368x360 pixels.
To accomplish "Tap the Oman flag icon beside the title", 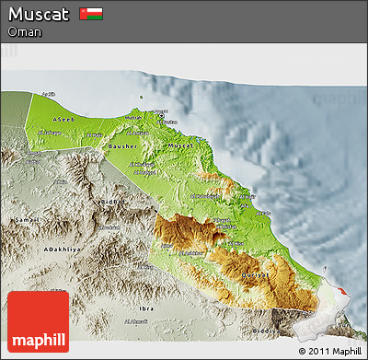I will pyautogui.click(x=91, y=14).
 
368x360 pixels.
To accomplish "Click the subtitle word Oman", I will pyautogui.click(x=24, y=32).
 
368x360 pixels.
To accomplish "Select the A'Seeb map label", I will pyautogui.click(x=64, y=120).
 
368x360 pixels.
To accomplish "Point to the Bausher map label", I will pyautogui.click(x=123, y=145).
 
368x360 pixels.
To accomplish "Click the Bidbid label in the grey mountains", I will pyautogui.click(x=110, y=201).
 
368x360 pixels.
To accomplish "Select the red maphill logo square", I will pyautogui.click(x=37, y=321).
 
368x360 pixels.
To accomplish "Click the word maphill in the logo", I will pyautogui.click(x=37, y=341).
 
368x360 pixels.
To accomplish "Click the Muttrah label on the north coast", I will pyautogui.click(x=134, y=117).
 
